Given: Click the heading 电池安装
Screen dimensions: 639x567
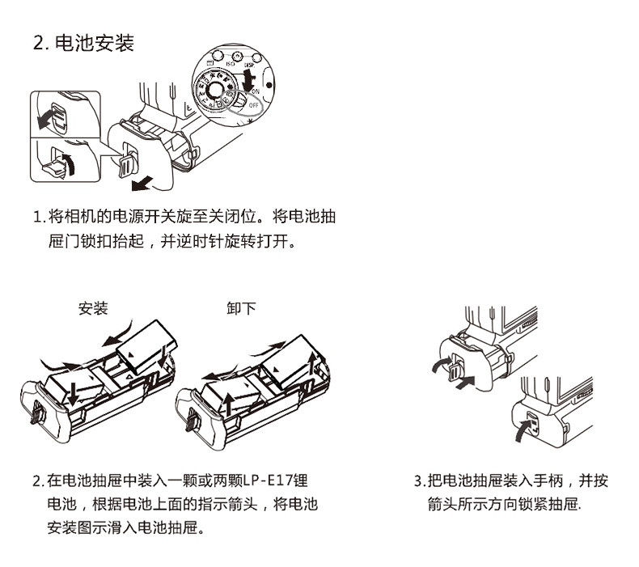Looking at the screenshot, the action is tap(93, 44).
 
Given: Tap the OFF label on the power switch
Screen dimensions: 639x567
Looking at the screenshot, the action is tap(254, 105).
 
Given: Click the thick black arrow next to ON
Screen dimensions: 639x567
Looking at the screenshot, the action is tap(249, 81).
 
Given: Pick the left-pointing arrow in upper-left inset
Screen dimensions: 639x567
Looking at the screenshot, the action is tap(48, 119).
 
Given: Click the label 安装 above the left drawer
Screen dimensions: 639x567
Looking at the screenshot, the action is tap(93, 308).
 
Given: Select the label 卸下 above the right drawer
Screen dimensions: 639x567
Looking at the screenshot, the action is tap(241, 308).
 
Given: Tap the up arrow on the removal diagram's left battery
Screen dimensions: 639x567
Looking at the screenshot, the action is tap(230, 402).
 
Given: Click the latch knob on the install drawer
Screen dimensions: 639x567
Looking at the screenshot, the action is tap(36, 415).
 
